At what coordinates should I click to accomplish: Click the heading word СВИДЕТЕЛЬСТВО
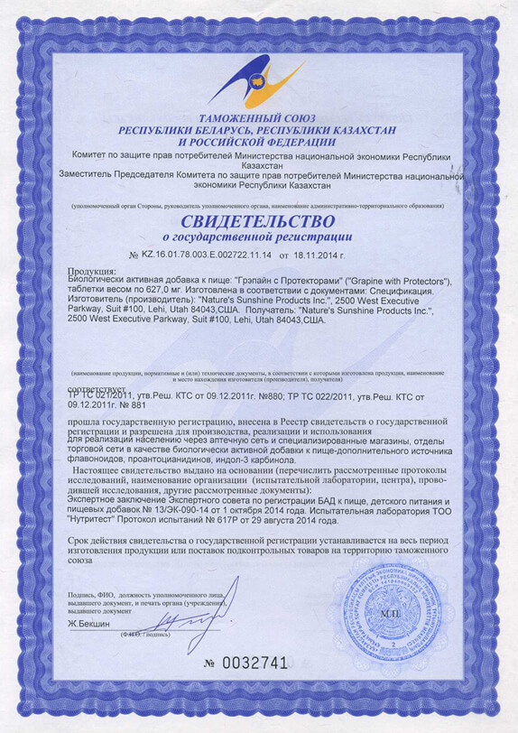click(258, 222)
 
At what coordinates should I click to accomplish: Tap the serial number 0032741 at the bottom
click(257, 663)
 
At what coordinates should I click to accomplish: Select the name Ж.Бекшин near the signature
click(88, 625)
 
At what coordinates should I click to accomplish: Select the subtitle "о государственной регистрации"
click(258, 237)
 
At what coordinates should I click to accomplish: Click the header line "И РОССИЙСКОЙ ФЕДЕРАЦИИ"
click(258, 143)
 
